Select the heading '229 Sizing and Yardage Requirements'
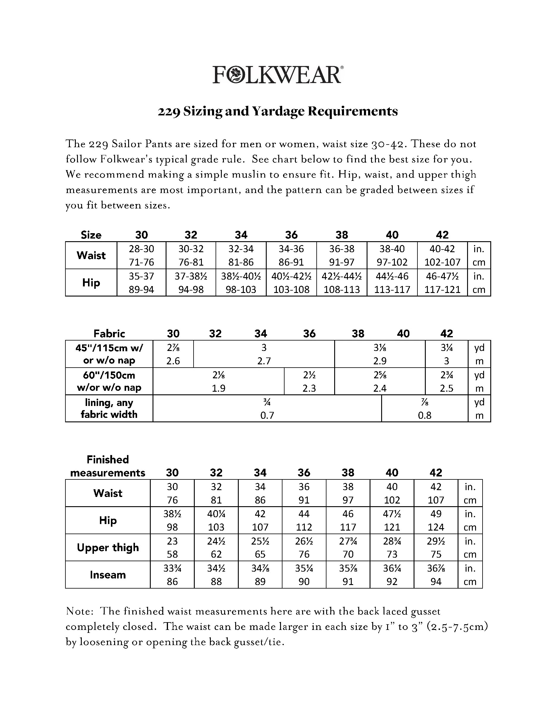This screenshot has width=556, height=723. tap(278, 111)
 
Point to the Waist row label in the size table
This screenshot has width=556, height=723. tap(91, 255)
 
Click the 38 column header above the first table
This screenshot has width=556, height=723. tap(342, 235)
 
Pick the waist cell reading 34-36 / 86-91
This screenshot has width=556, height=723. tap(291, 255)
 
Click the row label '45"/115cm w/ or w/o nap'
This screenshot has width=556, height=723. tap(109, 354)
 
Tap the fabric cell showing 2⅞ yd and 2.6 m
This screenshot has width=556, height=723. tap(173, 354)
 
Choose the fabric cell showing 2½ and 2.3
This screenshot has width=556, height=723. tap(309, 381)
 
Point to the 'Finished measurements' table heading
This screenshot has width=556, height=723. tap(108, 466)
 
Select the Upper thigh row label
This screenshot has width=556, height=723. tap(108, 547)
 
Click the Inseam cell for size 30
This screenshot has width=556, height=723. tap(172, 574)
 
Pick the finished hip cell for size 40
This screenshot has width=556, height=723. tap(392, 520)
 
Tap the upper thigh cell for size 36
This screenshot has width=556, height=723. tap(304, 547)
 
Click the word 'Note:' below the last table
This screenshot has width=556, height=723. tap(80, 611)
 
